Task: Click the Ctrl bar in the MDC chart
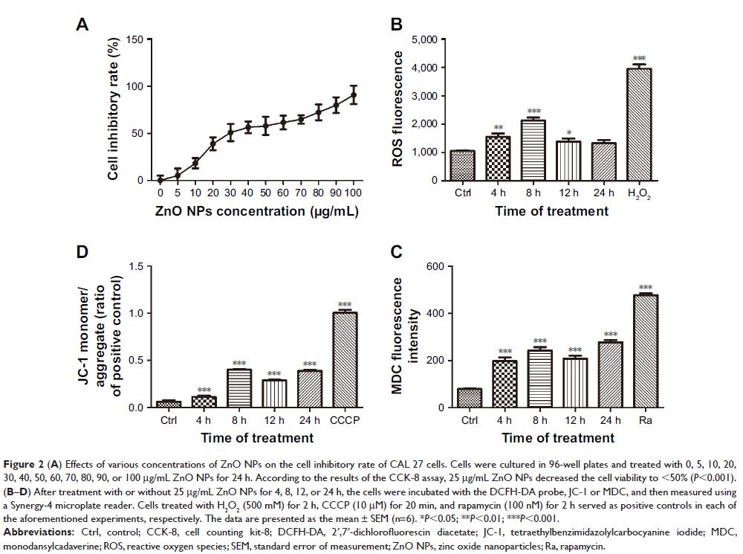click(x=468, y=398)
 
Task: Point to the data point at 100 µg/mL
click(x=354, y=94)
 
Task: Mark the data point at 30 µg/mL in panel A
click(x=230, y=132)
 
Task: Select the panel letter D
click(x=83, y=251)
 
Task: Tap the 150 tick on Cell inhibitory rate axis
click(x=135, y=39)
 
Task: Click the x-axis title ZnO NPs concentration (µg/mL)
click(x=256, y=212)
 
